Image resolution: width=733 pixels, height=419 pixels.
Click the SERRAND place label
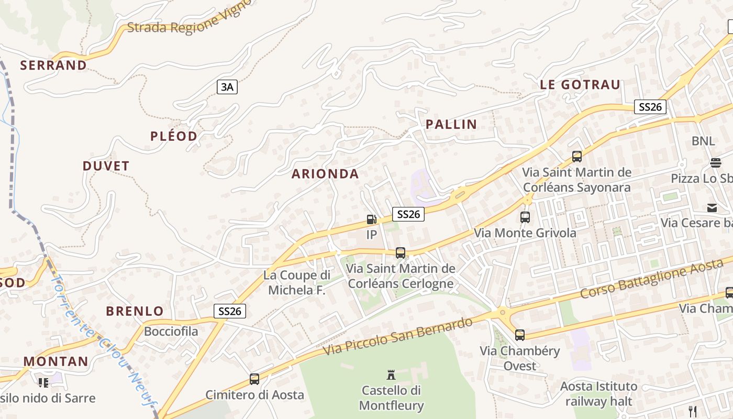click(53, 65)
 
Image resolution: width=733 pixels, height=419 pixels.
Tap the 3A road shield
click(227, 87)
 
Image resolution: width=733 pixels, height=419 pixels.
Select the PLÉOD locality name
click(174, 137)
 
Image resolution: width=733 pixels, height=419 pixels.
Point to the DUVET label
click(106, 166)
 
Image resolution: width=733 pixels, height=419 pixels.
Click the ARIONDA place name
click(325, 174)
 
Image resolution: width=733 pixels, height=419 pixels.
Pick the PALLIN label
click(451, 125)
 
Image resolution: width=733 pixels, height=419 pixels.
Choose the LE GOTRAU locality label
click(580, 84)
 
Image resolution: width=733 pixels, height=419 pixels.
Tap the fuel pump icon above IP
click(371, 219)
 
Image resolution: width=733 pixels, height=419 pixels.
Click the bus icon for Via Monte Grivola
click(525, 217)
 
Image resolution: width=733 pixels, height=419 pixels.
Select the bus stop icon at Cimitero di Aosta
click(254, 379)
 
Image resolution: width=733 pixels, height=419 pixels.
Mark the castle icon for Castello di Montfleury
click(391, 374)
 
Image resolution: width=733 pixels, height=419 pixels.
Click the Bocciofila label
click(171, 332)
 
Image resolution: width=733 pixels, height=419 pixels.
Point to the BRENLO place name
click(135, 311)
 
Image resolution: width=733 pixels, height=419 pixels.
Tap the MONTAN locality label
click(56, 361)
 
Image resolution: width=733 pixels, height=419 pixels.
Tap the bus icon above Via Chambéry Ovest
click(519, 335)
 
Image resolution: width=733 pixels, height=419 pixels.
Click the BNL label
click(703, 141)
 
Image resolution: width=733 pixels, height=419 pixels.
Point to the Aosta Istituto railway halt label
click(599, 394)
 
